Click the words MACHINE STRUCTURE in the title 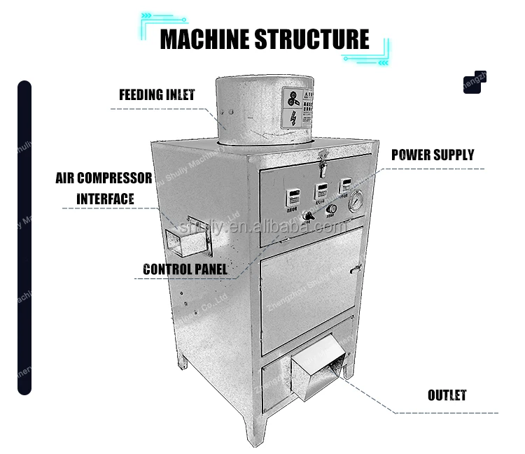264,39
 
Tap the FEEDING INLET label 156,94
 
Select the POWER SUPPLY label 432,155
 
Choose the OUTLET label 447,395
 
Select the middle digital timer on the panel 321,190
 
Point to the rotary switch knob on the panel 308,218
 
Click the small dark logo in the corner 474,81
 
